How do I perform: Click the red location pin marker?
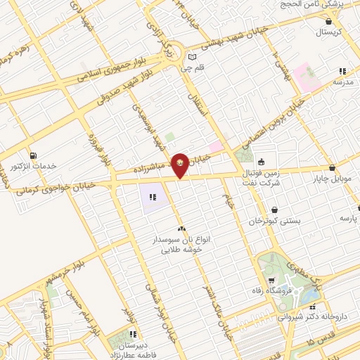coord(181,165)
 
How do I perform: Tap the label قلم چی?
coord(185,69)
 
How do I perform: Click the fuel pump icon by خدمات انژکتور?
coord(32,155)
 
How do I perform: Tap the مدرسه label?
coord(342,82)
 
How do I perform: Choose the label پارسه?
coord(349,219)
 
